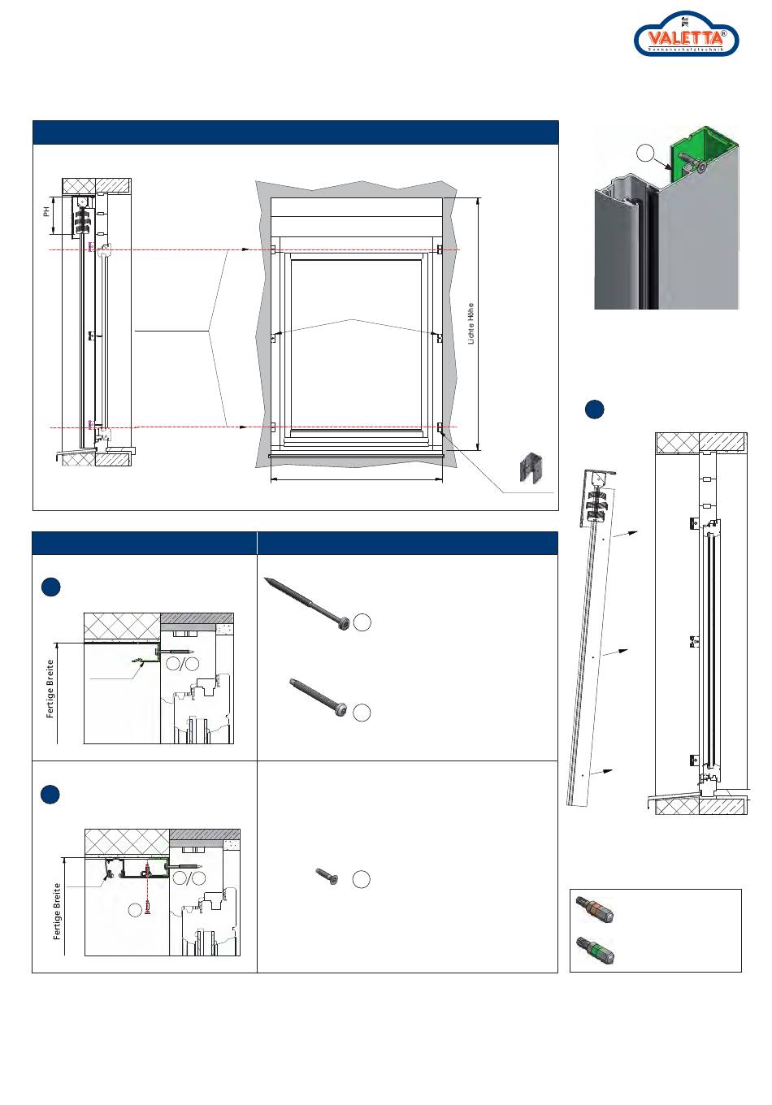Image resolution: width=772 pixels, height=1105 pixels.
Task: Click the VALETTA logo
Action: tap(686, 37)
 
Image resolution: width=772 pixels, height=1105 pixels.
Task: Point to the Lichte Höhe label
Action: tap(471, 323)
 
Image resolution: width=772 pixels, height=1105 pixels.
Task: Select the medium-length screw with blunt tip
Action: tap(320, 696)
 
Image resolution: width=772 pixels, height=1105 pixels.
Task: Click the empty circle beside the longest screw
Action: tap(362, 622)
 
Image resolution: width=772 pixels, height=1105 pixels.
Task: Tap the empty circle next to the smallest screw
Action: tap(362, 879)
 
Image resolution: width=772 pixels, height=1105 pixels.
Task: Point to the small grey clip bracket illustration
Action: tap(531, 468)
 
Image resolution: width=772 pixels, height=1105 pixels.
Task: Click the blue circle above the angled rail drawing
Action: tap(594, 409)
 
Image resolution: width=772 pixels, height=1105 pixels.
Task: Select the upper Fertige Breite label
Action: tap(50, 689)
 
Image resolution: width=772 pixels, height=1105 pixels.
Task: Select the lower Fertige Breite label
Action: tap(58, 911)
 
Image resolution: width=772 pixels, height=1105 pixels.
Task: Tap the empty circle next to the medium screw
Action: tap(362, 712)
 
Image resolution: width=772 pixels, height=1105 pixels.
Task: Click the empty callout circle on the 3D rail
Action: tap(645, 152)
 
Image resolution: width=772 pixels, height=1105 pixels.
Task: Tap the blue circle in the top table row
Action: tap(50, 587)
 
